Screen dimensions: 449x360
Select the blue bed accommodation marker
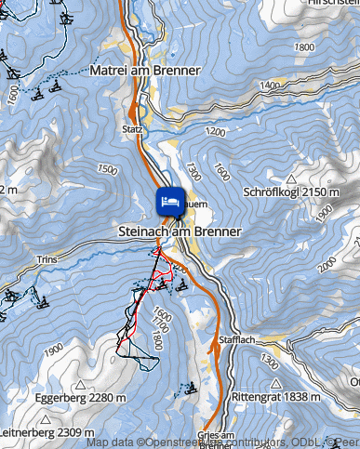tap(168, 200)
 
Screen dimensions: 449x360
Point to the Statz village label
tap(133, 129)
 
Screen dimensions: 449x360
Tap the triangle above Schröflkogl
tap(292, 178)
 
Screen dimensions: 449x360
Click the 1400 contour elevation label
tap(271, 86)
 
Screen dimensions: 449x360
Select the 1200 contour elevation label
tap(218, 132)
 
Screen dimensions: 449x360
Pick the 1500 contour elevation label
tap(107, 170)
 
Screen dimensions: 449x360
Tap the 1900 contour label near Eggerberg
tap(53, 348)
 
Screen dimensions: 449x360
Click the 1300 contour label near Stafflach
tap(271, 357)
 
